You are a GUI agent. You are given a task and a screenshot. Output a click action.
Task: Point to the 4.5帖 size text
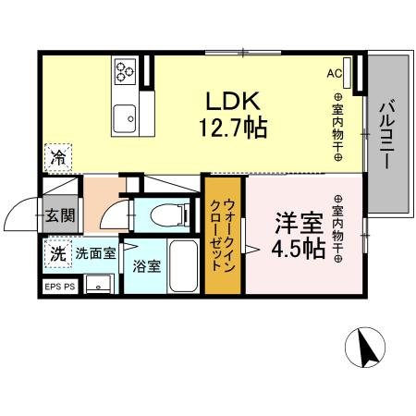[x=298, y=249]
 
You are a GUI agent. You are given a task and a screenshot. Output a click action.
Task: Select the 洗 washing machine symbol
[x=56, y=251]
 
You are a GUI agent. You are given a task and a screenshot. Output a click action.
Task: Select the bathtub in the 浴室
[x=181, y=266]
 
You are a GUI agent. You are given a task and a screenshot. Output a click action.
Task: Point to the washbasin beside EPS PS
[x=95, y=283]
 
